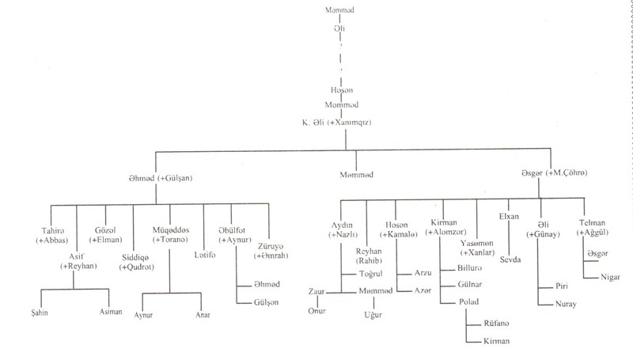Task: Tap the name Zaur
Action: coord(317,291)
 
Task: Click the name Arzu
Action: coord(423,271)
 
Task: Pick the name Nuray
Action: coord(566,303)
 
